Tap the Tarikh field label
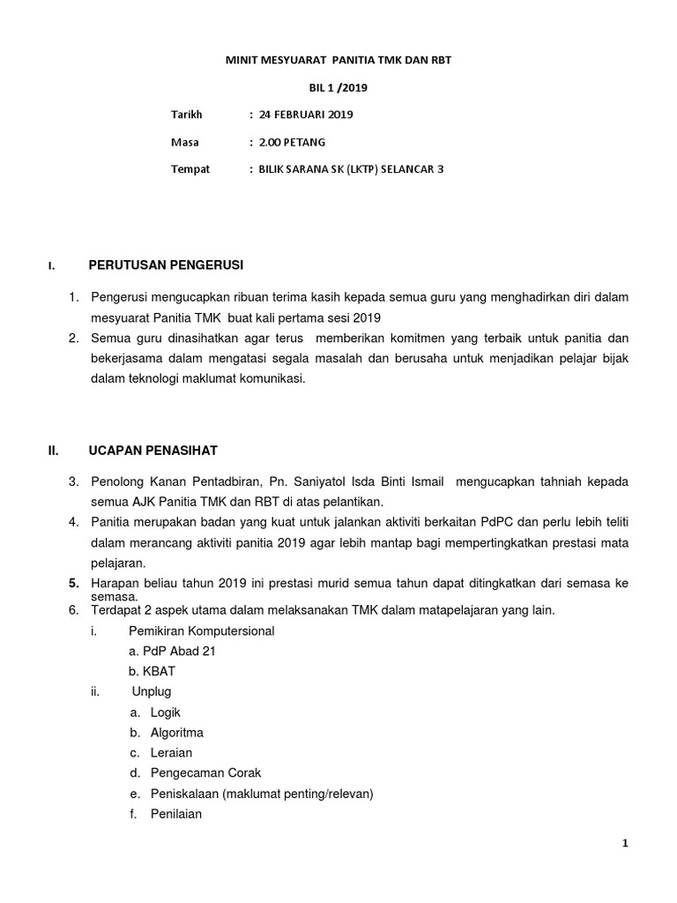tap(186, 115)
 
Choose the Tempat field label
tap(190, 169)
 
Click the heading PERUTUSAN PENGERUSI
tap(166, 265)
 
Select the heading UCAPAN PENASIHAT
tap(155, 451)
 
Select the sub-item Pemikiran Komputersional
tap(201, 631)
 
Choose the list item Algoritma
tap(177, 733)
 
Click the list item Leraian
tap(171, 753)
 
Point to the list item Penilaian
tap(176, 814)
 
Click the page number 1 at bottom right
tap(625, 844)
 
